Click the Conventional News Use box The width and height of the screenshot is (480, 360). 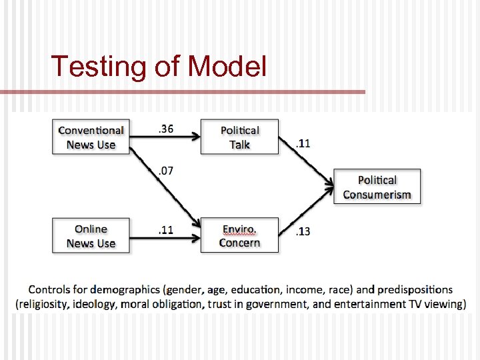click(91, 137)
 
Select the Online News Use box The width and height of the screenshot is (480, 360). click(91, 236)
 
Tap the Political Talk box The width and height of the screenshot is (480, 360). click(239, 137)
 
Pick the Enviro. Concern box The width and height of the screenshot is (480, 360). click(239, 236)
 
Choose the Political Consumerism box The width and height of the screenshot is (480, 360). click(377, 187)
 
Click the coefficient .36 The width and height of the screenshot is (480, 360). click(165, 129)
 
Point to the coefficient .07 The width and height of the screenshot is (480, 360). click(165, 171)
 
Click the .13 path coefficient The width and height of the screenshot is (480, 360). click(302, 231)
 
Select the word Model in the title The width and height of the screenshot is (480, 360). click(227, 67)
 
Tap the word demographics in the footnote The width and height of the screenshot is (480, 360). click(125, 290)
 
